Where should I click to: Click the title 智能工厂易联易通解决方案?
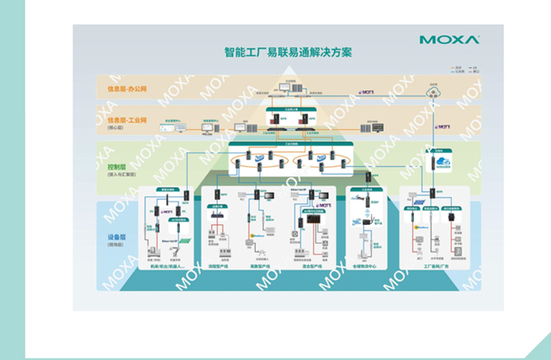(x=275, y=53)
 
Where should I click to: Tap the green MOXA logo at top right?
(x=444, y=39)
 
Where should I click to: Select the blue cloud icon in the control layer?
(x=445, y=162)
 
